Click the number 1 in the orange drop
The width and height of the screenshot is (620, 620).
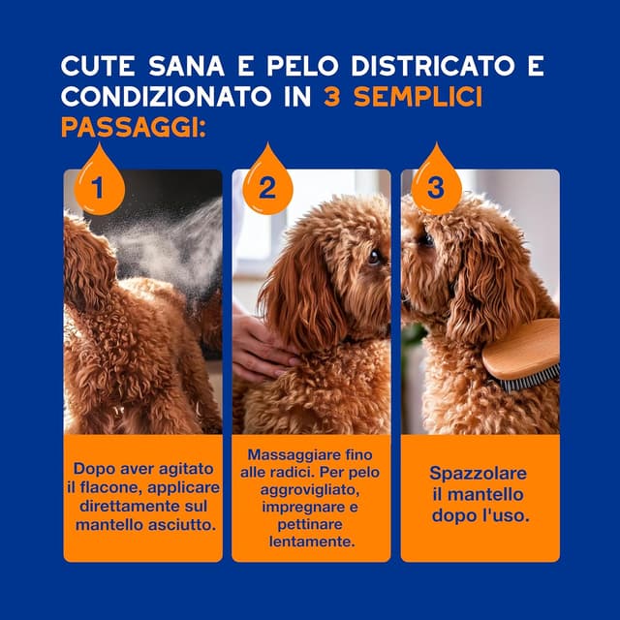click(97, 187)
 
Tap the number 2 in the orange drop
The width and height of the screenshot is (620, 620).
click(267, 187)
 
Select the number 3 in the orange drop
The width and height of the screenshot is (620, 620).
click(435, 187)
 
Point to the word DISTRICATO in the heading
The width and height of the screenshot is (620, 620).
click(433, 66)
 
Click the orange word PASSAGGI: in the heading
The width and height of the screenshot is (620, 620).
click(134, 128)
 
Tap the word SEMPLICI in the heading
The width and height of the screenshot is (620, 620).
click(418, 97)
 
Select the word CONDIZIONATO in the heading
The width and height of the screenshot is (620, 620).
click(167, 97)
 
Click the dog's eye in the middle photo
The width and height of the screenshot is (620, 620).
click(374, 258)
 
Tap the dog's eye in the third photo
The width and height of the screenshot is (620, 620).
click(426, 239)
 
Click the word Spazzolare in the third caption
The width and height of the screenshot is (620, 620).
click(478, 474)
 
